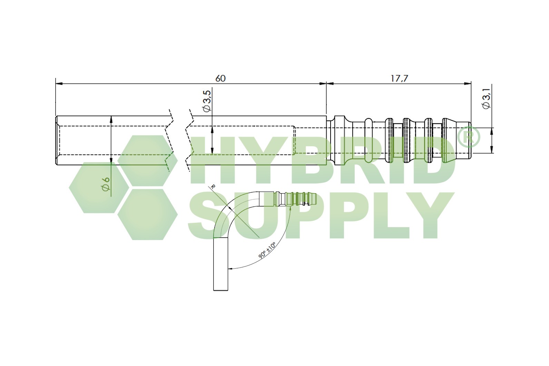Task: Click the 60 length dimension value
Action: click(220, 78)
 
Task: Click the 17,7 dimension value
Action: click(399, 78)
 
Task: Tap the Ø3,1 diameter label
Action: click(487, 100)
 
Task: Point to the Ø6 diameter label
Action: click(106, 183)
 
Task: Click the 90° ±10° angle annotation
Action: click(267, 250)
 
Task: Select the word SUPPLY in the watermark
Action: click(321, 216)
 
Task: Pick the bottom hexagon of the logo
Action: click(148, 214)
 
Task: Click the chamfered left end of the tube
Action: click(58, 140)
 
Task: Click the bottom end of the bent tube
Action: click(221, 289)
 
